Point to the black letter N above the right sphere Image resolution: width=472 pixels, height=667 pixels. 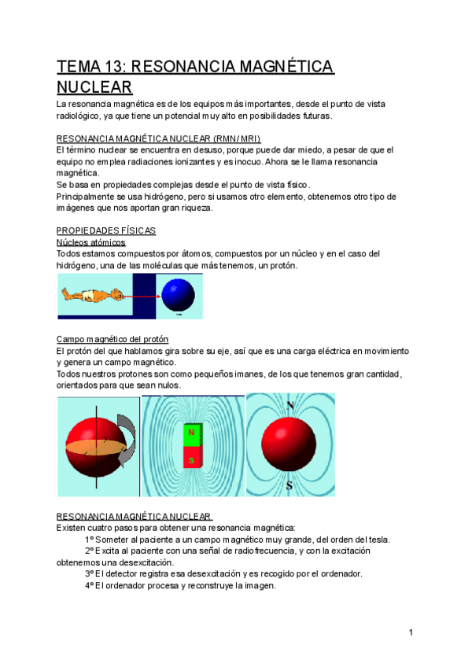290,406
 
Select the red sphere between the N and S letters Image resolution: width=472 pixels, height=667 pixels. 289,445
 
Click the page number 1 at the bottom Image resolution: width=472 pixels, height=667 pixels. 411,632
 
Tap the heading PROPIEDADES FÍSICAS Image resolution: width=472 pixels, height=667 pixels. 106,230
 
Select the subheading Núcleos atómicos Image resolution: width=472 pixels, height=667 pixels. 91,242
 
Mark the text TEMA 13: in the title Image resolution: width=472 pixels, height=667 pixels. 87,66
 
